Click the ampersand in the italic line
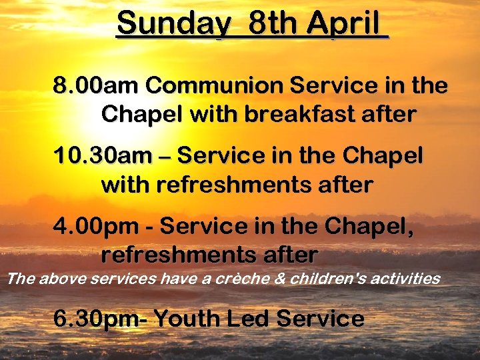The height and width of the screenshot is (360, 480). tap(279, 278)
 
